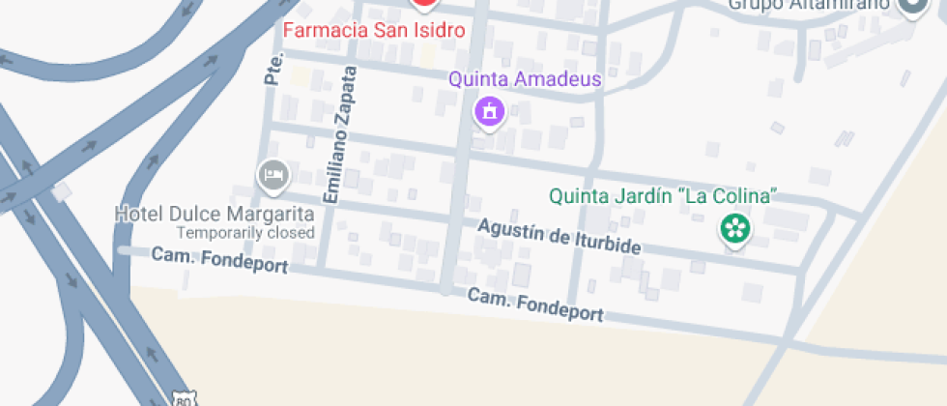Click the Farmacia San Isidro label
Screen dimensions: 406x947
point(374,30)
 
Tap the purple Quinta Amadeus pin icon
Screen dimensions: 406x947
point(490,110)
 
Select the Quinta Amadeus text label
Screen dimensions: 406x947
point(525,79)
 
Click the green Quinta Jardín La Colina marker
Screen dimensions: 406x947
point(734,229)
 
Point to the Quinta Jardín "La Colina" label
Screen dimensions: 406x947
point(663,196)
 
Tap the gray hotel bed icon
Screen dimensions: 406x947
point(273,175)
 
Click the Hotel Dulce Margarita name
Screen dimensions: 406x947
point(215,214)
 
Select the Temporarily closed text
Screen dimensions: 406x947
point(245,233)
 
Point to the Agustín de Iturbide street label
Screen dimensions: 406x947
point(560,237)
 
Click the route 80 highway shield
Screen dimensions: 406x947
point(184,398)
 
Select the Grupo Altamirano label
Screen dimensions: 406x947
point(809,5)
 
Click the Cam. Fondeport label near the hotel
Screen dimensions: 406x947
point(220,260)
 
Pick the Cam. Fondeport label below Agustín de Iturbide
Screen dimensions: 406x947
point(536,304)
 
